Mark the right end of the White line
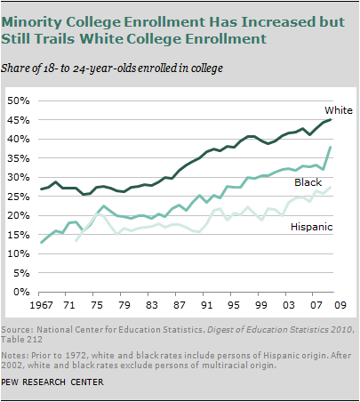click(x=331, y=119)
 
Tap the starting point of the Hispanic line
click(x=77, y=241)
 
